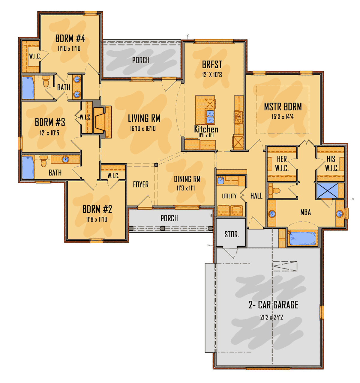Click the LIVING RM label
144,118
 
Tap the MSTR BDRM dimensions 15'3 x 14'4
282,117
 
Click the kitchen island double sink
210,117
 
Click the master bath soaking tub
302,239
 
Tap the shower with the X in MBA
328,191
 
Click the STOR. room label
232,234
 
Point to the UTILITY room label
229,196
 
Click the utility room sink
220,180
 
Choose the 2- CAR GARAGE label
273,305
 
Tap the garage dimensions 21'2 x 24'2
271,317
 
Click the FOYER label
141,185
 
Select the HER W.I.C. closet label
282,164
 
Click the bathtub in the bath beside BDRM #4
28,88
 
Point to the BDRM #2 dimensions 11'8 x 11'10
97,219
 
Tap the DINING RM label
187,179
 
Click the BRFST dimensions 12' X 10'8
212,74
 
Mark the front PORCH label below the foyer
169,218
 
